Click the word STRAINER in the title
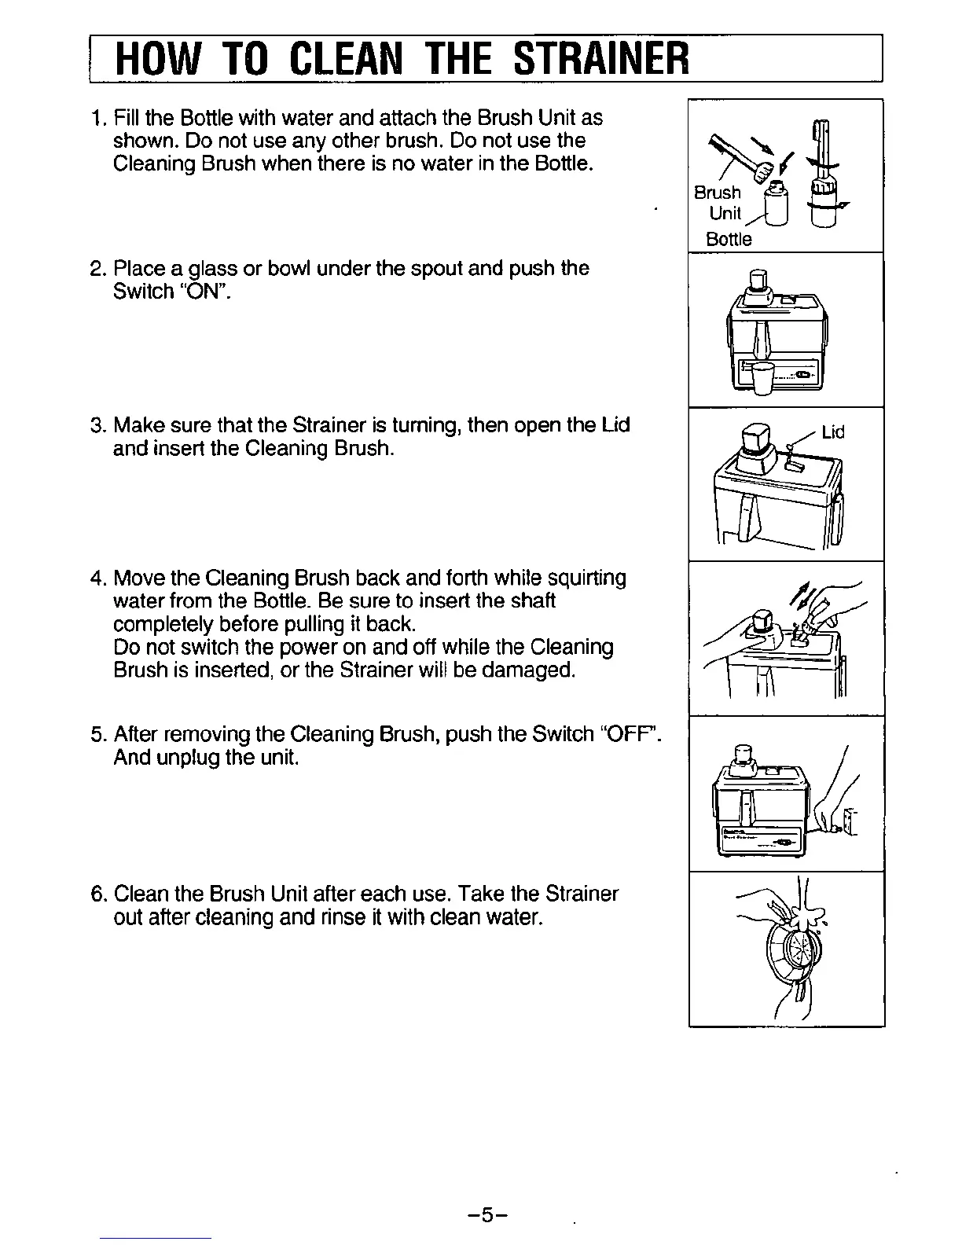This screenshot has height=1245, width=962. (601, 57)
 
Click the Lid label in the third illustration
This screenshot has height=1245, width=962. (832, 432)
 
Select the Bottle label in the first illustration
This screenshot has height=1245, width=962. (729, 239)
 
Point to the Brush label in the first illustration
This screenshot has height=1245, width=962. (717, 193)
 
